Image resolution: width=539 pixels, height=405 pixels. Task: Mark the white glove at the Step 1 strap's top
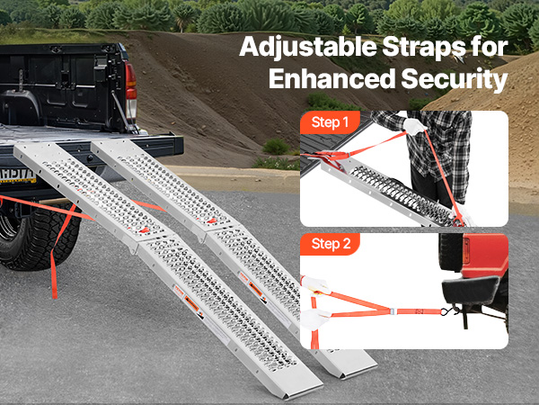414,127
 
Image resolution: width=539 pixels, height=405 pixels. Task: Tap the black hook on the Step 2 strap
446,313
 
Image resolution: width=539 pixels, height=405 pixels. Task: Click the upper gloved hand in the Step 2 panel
317,283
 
